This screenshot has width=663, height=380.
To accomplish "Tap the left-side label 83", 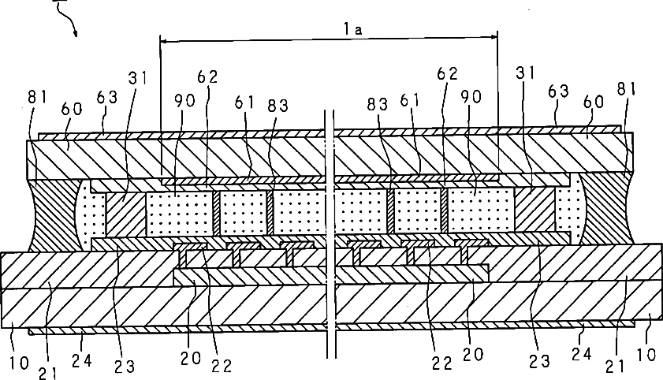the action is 275,104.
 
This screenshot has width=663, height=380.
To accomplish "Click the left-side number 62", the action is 207,77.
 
